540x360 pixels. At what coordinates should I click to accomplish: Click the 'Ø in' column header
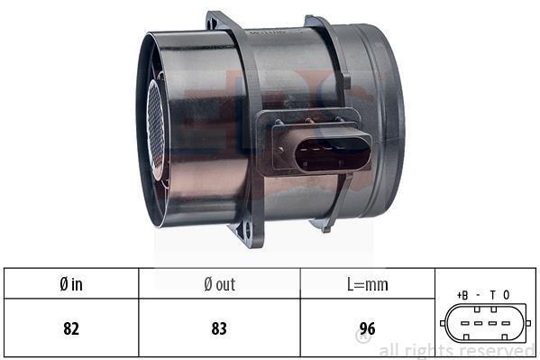[71, 284]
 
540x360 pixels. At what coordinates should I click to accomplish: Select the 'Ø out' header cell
[219, 284]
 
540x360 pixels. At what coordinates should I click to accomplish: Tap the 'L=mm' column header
[368, 284]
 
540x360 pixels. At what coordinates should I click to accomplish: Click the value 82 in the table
[71, 328]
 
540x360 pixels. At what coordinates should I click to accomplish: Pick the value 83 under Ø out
[219, 328]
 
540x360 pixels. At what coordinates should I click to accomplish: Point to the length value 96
[368, 328]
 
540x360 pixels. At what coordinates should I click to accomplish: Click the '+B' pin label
[462, 295]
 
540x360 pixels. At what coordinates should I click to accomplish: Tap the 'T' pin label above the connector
[493, 295]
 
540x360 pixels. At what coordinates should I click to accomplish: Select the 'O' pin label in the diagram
[507, 295]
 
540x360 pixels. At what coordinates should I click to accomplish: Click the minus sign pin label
[478, 295]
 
